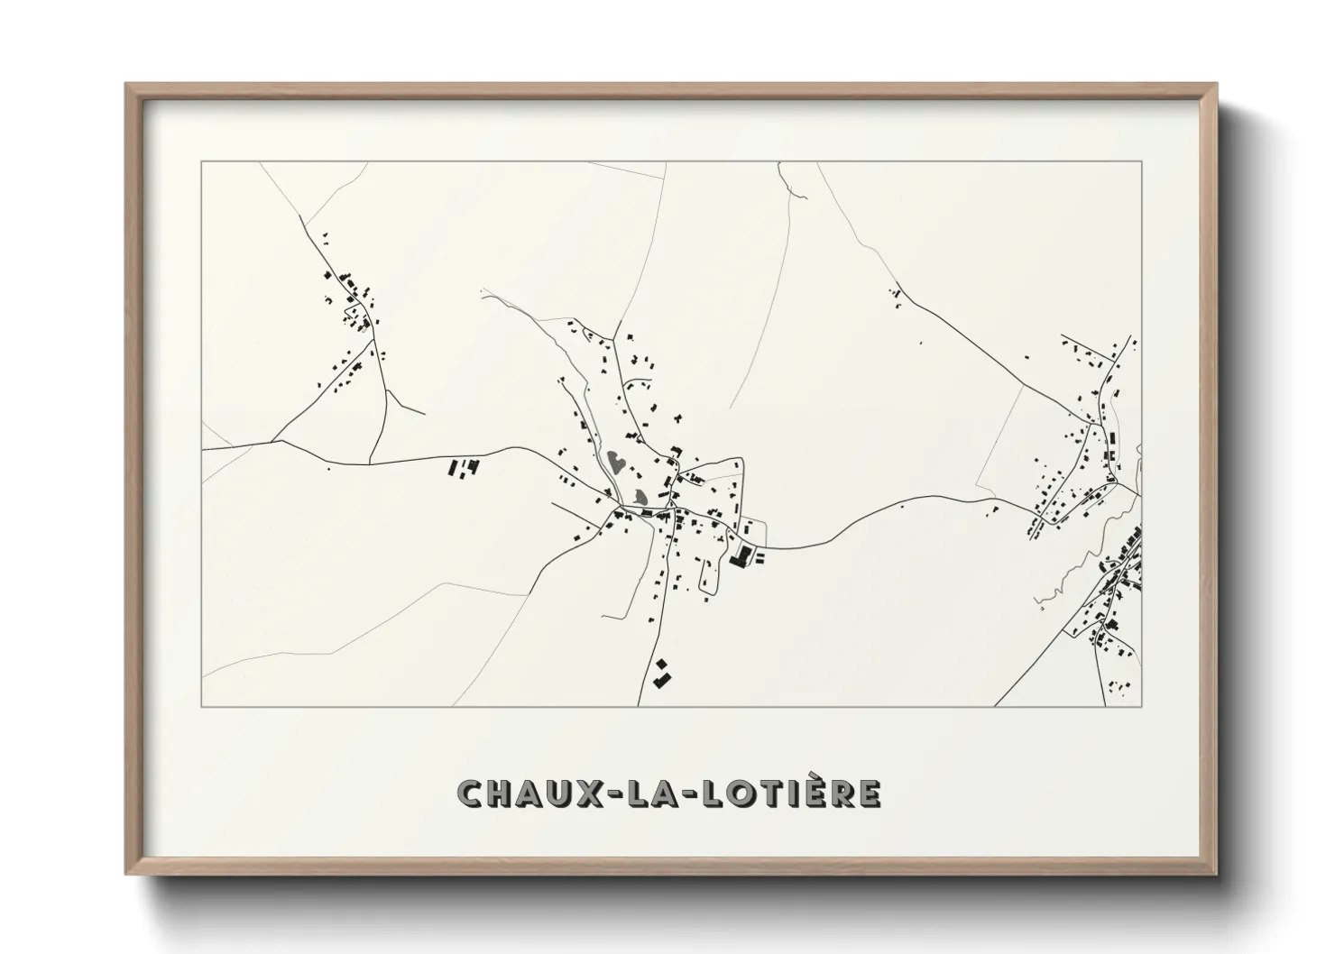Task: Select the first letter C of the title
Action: coord(470,793)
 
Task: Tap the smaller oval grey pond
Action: coord(640,496)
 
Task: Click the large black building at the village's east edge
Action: coord(741,555)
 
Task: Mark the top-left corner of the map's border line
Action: coord(202,162)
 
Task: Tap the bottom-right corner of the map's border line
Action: coord(1142,706)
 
